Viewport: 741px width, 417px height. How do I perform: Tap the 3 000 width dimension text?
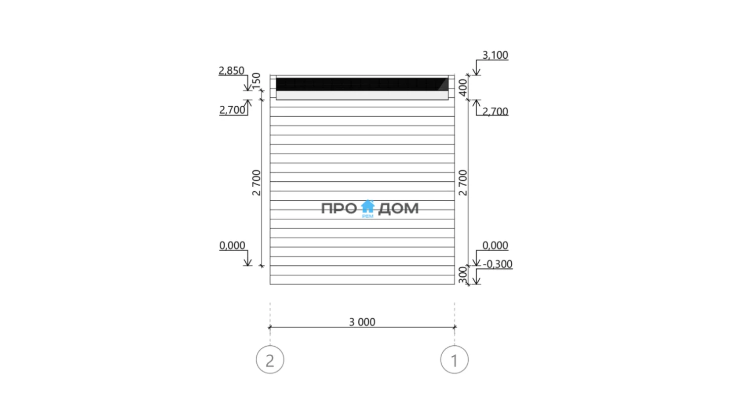362,322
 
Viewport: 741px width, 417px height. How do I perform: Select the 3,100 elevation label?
495,55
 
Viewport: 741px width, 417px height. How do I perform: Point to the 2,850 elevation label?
231,71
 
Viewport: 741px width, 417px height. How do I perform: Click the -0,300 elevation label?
497,264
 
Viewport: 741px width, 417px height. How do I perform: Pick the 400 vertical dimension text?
463,87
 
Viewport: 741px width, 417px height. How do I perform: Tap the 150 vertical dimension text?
256,81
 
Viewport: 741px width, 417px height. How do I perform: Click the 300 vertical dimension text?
463,275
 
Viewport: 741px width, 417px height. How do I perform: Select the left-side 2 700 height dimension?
256,183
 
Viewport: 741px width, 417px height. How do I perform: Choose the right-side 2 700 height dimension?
463,183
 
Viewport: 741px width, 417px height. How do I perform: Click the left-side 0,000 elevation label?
232,246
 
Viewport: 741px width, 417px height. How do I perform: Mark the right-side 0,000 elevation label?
495,246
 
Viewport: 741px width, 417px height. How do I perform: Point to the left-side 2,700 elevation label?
232,110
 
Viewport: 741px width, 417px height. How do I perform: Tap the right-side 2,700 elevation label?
495,112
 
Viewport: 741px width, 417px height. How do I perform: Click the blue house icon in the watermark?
368,207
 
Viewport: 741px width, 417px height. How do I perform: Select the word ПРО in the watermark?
339,208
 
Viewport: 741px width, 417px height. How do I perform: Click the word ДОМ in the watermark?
398,208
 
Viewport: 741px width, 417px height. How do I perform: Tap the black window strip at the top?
362,84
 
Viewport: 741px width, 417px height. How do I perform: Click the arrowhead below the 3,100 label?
476,72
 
